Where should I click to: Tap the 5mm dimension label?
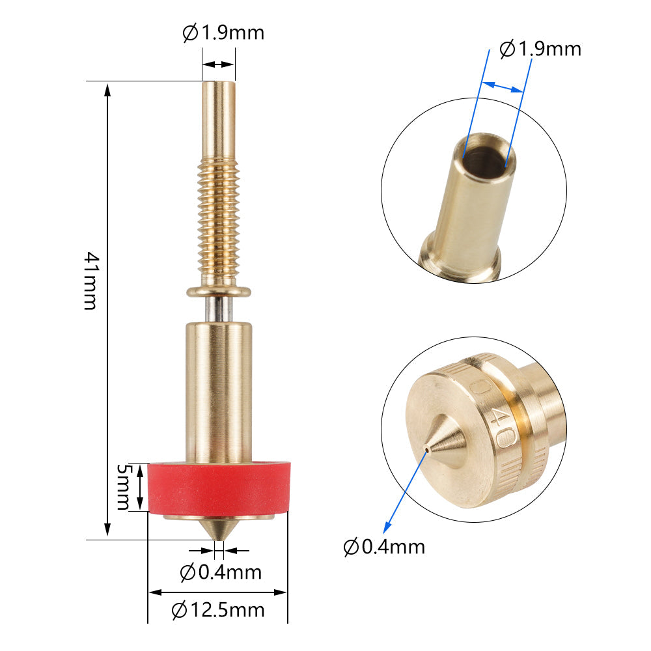click(123, 487)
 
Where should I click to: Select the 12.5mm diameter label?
click(218, 611)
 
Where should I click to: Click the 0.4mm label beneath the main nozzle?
click(221, 572)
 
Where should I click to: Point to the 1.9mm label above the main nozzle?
click(223, 33)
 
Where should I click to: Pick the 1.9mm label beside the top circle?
click(540, 49)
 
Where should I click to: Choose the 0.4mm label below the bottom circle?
click(384, 547)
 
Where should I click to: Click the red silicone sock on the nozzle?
click(219, 488)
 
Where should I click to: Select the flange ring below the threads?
click(219, 291)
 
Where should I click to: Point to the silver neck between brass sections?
click(219, 309)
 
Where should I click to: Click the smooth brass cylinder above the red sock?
click(219, 391)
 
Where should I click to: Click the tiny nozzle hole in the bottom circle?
click(426, 449)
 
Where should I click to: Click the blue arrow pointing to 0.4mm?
click(405, 488)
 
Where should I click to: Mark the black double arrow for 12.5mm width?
click(218, 592)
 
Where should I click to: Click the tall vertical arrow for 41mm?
click(108, 310)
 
